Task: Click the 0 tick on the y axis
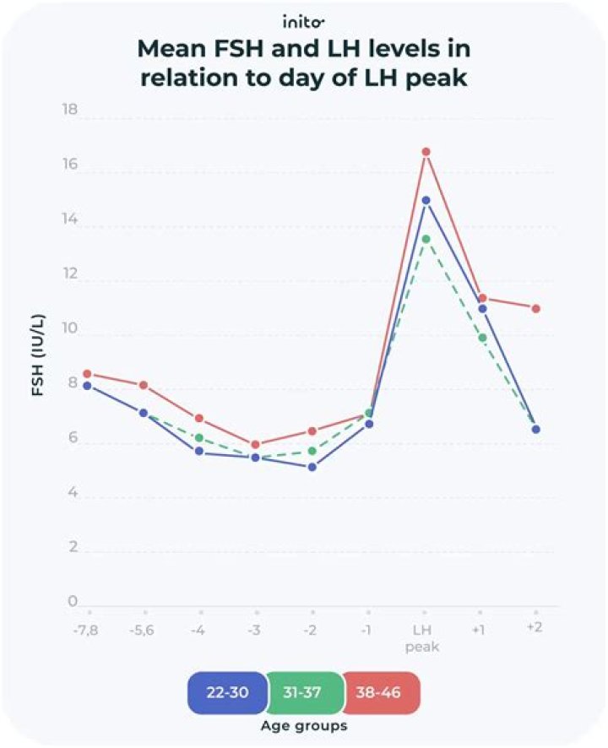click(72, 602)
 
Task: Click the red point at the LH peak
click(426, 152)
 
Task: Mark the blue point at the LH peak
click(426, 201)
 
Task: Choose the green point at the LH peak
click(426, 239)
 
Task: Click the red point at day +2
click(536, 309)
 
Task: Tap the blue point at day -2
click(312, 467)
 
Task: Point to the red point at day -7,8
click(88, 374)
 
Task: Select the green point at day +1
click(481, 338)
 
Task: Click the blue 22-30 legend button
click(225, 693)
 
